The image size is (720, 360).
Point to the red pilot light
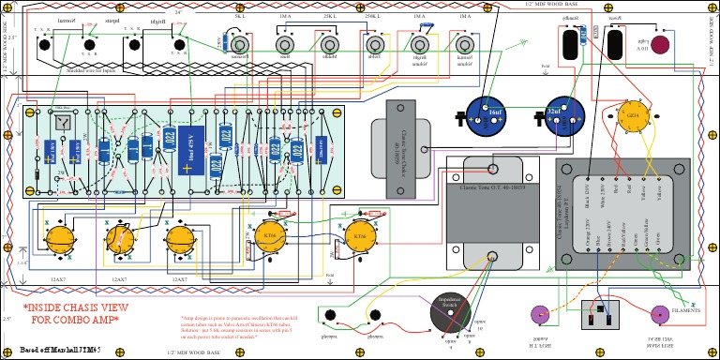660,45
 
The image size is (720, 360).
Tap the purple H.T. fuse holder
539,314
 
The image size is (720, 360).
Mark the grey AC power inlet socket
595,316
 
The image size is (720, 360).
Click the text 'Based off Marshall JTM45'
60,350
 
